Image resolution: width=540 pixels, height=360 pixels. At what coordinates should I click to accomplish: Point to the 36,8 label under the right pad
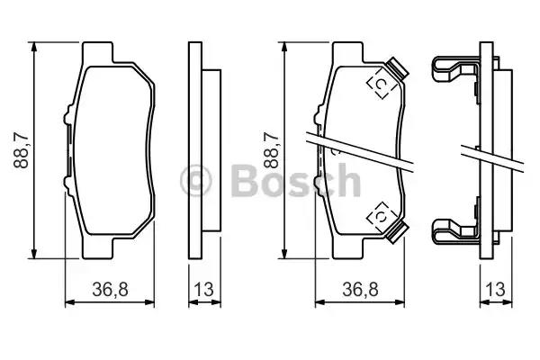point(359,290)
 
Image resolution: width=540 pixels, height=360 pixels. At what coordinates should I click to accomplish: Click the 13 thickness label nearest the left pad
point(202,290)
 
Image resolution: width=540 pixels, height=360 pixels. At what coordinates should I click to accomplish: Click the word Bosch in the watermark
point(296,181)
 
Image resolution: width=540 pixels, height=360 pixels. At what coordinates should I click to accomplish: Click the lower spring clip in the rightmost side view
point(460,231)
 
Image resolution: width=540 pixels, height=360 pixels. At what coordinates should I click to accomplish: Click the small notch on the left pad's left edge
point(67,116)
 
